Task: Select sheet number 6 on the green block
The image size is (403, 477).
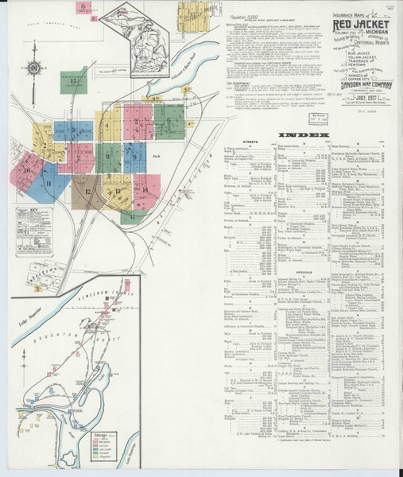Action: point(169,121)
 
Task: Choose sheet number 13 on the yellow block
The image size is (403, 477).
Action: point(117,191)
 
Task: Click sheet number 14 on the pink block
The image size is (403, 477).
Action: point(144,191)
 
